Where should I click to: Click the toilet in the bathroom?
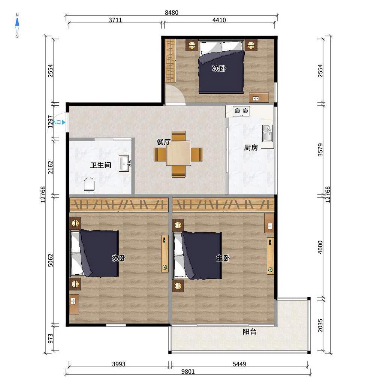(x=89, y=186)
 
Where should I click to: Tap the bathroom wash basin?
(x=124, y=163)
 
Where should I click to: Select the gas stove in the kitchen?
(x=241, y=112)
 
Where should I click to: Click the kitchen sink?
(x=268, y=133)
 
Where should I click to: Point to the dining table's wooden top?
(x=178, y=153)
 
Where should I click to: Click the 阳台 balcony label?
(x=250, y=332)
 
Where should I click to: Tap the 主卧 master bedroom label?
(x=223, y=258)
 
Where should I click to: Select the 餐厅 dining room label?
(x=164, y=142)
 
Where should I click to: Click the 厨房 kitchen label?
(x=251, y=148)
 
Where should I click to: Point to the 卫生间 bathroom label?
(x=101, y=165)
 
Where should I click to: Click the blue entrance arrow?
(x=64, y=122)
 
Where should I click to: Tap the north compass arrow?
(x=17, y=22)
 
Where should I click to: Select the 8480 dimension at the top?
(x=172, y=12)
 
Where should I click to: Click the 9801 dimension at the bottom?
(x=188, y=371)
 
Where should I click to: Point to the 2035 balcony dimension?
(x=320, y=325)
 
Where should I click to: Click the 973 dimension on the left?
(x=51, y=338)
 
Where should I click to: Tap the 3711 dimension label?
(x=115, y=20)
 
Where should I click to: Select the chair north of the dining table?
(x=178, y=136)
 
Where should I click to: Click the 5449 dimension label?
(x=239, y=364)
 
